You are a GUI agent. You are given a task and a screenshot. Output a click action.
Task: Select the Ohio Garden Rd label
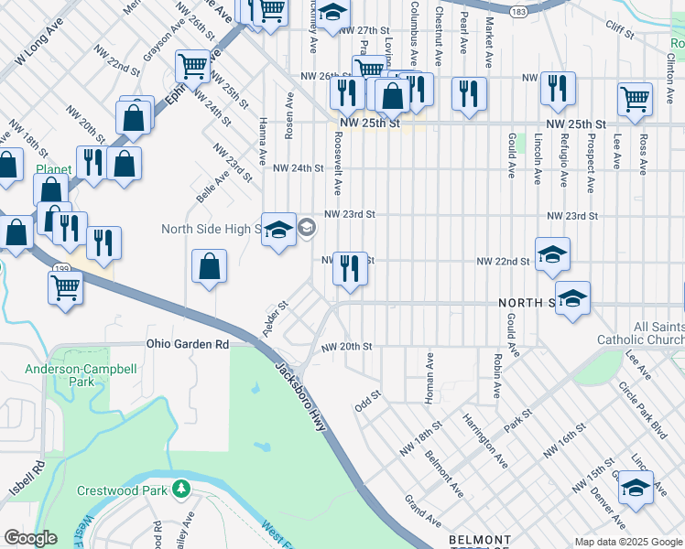point(188,345)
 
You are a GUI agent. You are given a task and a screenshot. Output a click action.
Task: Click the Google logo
point(29,538)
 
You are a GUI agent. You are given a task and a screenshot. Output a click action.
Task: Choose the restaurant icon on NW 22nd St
point(350,268)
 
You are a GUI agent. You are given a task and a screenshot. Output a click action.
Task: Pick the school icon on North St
point(572,298)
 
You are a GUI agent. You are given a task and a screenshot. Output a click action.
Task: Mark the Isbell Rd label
point(40,479)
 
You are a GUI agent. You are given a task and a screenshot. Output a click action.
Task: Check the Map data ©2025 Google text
point(628,542)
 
